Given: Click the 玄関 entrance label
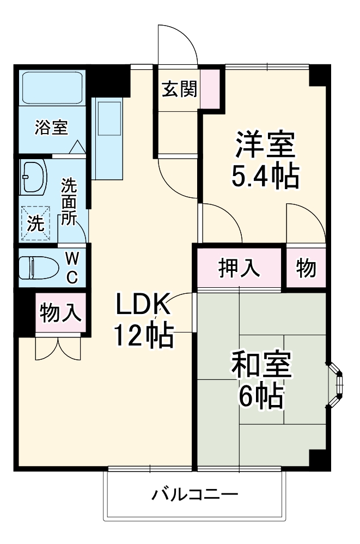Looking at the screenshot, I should [179, 88].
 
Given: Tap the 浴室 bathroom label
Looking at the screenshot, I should [51, 128].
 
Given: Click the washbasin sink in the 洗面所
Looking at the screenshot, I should [35, 177].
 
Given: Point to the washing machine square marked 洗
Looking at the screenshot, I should [37, 223].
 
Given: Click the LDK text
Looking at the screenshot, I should [143, 306].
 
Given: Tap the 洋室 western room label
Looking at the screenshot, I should [265, 145].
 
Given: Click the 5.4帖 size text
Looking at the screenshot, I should [265, 176].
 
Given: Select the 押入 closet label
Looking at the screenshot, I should [239, 268].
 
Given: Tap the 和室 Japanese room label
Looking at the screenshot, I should [261, 365].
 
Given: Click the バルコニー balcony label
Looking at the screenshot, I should [194, 495].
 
